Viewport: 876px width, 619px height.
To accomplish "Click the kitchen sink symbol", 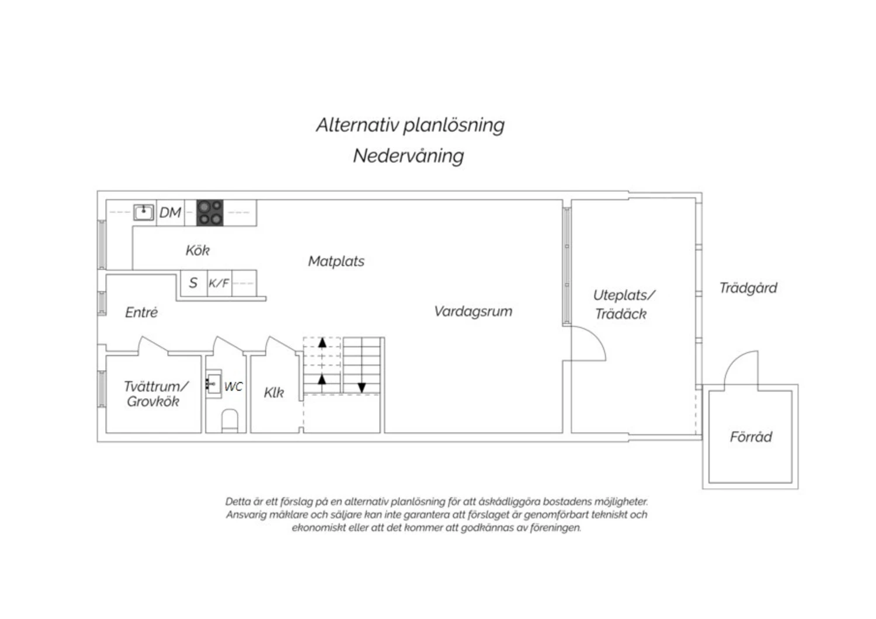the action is (144, 213).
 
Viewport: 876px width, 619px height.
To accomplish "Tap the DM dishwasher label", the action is (170, 213).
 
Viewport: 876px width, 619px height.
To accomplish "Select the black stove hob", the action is (210, 213).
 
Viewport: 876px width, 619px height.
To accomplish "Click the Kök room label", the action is (197, 251).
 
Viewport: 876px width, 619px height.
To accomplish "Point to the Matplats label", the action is (336, 261).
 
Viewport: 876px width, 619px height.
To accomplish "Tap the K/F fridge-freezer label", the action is (219, 283).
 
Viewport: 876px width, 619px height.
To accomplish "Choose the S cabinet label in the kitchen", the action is (193, 283).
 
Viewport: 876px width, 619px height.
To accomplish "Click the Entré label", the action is (141, 312).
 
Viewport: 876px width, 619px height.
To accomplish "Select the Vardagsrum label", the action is (473, 311).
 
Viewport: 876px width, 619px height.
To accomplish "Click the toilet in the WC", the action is (230, 421).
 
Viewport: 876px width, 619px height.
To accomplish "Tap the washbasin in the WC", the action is (214, 384).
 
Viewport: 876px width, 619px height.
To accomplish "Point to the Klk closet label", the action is (274, 392).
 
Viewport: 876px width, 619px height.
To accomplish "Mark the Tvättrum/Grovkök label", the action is (156, 394).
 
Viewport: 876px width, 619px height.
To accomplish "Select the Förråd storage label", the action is (751, 436).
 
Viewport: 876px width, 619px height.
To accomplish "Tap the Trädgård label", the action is (749, 288).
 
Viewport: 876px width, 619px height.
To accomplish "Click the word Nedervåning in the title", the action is (409, 156).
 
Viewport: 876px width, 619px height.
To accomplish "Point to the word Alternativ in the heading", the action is (358, 125).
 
